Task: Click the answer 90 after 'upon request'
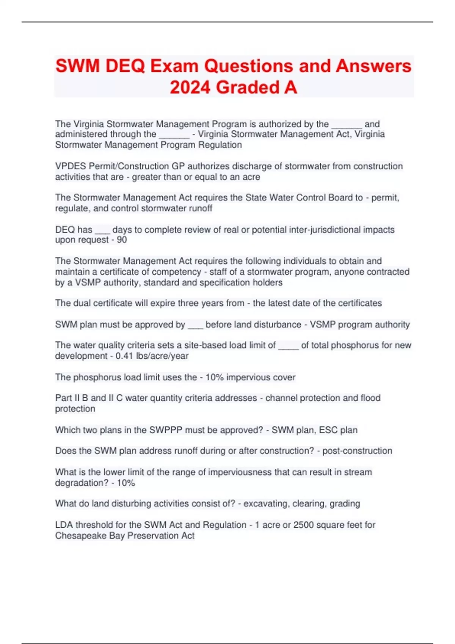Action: tap(122, 240)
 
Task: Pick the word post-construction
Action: tap(357, 451)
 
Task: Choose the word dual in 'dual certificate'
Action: tap(82, 303)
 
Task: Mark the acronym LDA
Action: tap(64, 525)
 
